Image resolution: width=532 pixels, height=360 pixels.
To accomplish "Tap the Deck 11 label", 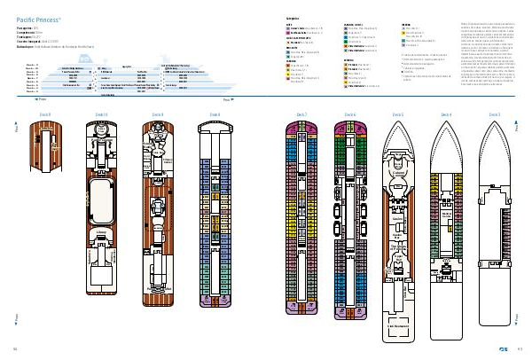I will (43, 115).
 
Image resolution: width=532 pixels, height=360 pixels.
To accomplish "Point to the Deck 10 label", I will (100, 115).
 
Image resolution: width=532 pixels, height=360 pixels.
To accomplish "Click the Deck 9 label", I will (157, 115).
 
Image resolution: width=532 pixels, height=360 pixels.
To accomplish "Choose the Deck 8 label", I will (215, 115).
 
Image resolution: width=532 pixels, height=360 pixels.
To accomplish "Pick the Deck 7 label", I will (301, 115).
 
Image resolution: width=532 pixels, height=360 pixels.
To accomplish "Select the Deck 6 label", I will (350, 115).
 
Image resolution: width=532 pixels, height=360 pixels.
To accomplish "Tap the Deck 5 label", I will (397, 115).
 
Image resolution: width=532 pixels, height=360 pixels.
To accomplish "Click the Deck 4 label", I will (446, 115).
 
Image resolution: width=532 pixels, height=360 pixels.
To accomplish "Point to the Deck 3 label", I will (494, 115).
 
